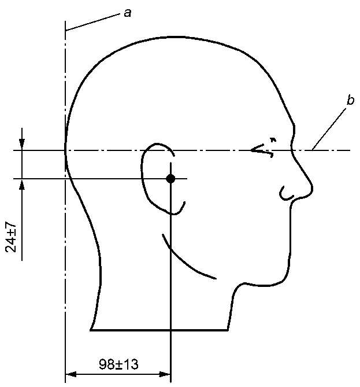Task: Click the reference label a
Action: (128, 13)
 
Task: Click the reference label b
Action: (350, 100)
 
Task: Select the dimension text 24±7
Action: (11, 237)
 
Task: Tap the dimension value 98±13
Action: (118, 364)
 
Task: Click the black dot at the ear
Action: (170, 178)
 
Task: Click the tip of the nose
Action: (312, 189)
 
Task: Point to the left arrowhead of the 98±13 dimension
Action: (70, 374)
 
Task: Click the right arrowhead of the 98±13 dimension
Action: (165, 374)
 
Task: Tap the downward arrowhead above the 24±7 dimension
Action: (22, 145)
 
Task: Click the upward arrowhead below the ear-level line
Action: (22, 184)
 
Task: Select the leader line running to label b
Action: (329, 130)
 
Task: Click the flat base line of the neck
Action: (159, 330)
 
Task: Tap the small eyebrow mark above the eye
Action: (273, 139)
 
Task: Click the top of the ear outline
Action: (158, 143)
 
